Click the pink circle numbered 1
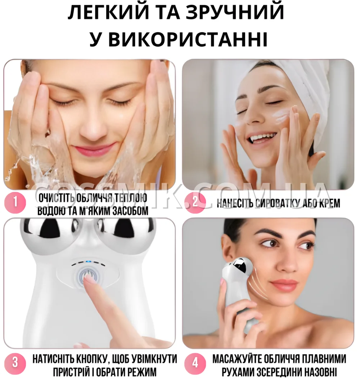(15, 202)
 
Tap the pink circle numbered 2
(195, 202)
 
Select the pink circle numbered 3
(15, 363)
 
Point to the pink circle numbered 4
(195, 363)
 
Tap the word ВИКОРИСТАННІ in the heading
(188, 39)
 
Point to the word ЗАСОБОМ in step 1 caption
(130, 211)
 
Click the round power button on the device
(88, 276)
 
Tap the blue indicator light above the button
(87, 261)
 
